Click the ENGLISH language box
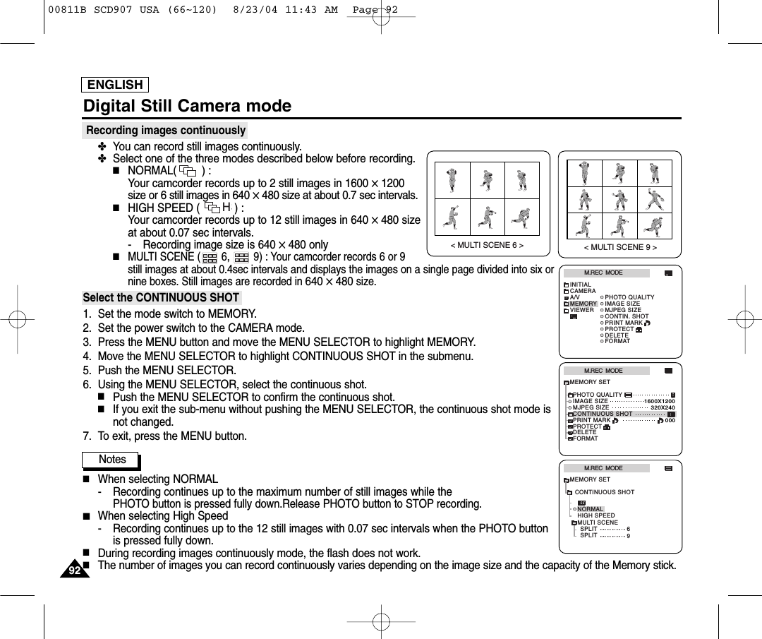tap(115, 85)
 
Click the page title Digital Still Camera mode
tap(187, 106)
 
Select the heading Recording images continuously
tap(165, 131)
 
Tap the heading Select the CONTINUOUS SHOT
tap(161, 297)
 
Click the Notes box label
tap(111, 460)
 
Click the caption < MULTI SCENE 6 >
tap(487, 246)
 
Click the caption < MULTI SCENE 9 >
tap(620, 247)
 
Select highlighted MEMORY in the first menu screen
tap(583, 304)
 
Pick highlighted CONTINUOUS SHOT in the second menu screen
tap(603, 414)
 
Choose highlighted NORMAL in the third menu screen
tap(591, 509)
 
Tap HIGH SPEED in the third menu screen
tap(596, 515)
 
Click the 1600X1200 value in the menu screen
tap(660, 401)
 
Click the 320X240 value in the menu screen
tap(663, 407)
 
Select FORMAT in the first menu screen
tap(617, 341)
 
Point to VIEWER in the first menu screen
tap(582, 310)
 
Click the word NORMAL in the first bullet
tap(150, 171)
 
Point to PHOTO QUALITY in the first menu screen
tap(629, 297)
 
